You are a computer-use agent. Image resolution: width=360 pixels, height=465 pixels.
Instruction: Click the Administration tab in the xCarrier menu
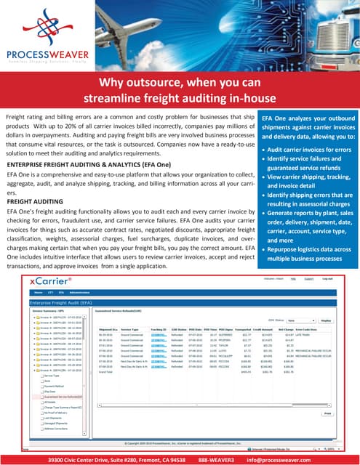(x=79, y=292)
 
